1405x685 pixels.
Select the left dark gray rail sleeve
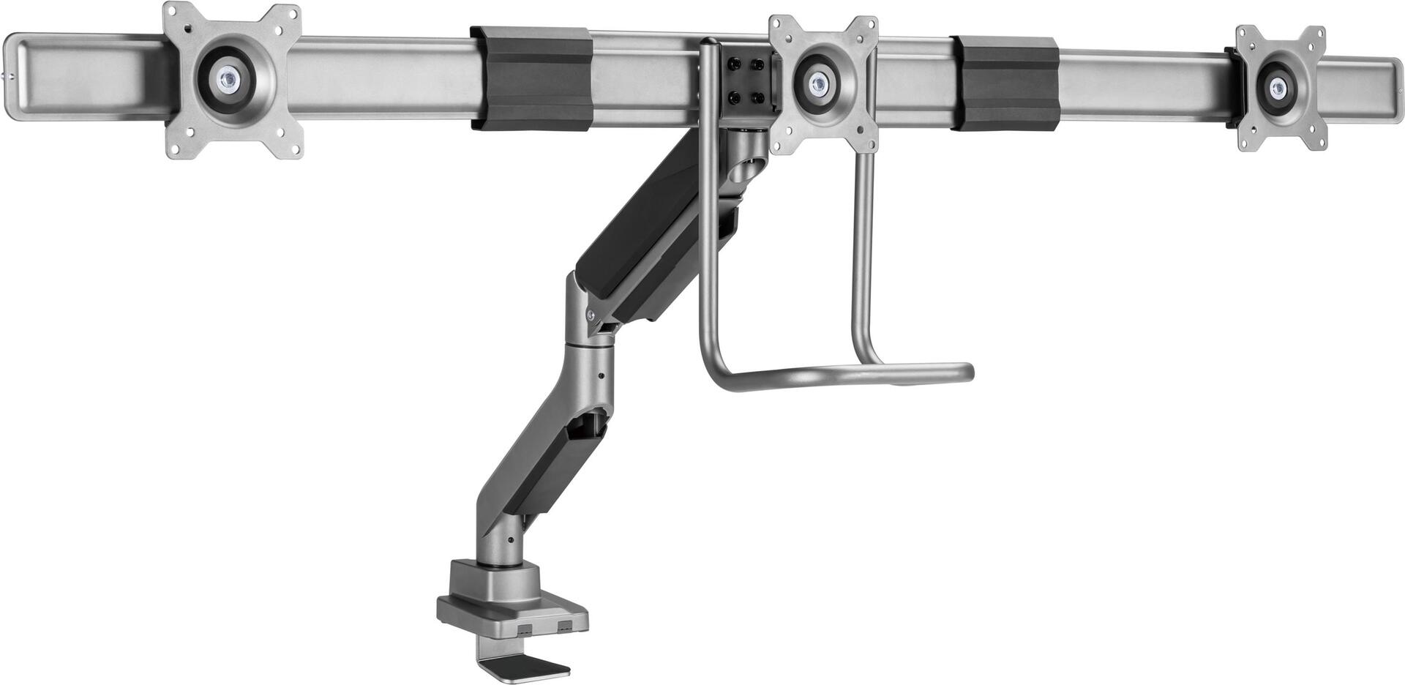point(531,79)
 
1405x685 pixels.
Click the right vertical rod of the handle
point(863,256)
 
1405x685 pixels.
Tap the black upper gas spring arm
point(644,227)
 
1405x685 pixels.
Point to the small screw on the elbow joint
point(591,315)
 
